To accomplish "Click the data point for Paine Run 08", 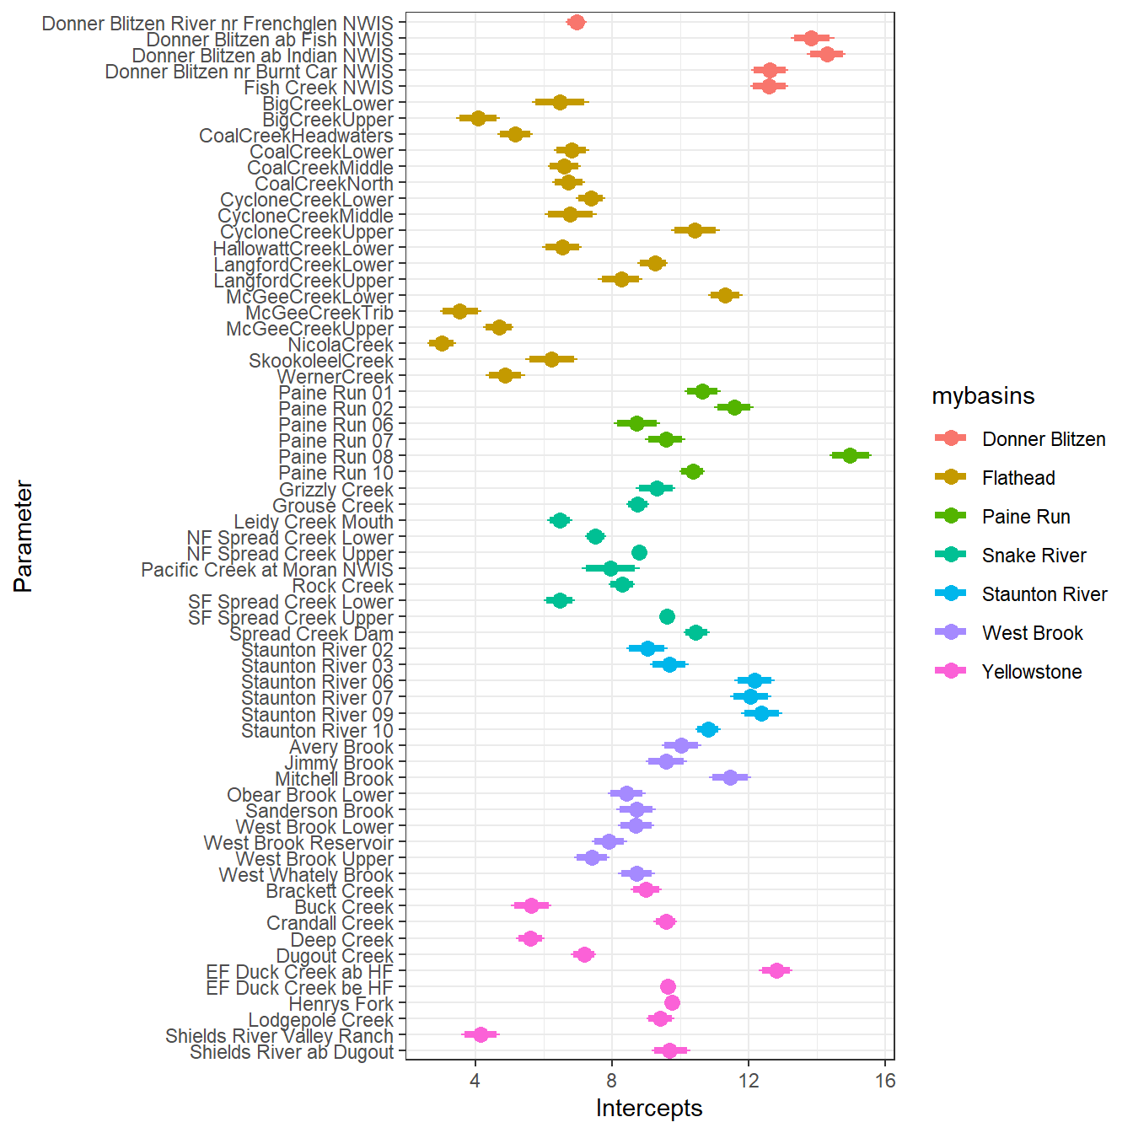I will tap(850, 455).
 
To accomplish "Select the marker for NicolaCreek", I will tap(441, 343).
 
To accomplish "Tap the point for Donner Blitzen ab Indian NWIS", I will tap(826, 54).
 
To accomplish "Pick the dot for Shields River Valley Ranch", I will tap(481, 1034).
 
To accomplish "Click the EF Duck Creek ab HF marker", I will tap(776, 970).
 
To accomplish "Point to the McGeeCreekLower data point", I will tap(724, 295).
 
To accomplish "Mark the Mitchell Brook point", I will tap(730, 777).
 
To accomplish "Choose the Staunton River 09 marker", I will tap(761, 713).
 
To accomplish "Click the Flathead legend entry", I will tap(1018, 478).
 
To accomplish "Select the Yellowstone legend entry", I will tap(1031, 672).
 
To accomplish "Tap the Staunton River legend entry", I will tap(1044, 594).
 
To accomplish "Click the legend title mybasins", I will tap(983, 396).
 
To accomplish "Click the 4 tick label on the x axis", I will tap(475, 1081).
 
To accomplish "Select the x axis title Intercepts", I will tap(649, 1108).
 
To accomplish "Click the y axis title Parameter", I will tap(24, 536).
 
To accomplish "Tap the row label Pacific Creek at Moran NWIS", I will tap(267, 570).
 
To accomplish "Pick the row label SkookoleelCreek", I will tap(321, 361).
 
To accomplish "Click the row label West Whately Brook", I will tap(306, 875).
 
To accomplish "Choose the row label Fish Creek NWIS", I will tap(319, 88).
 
